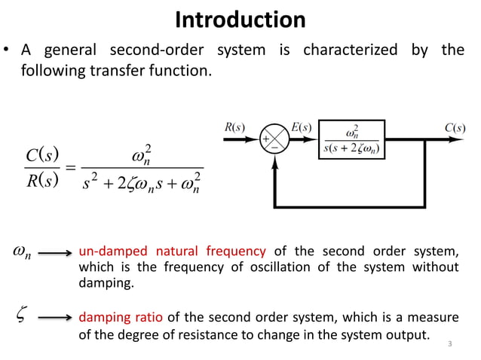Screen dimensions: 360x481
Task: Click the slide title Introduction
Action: click(x=240, y=19)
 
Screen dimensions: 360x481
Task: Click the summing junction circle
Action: click(x=272, y=142)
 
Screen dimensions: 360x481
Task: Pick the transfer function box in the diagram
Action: click(x=352, y=141)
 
